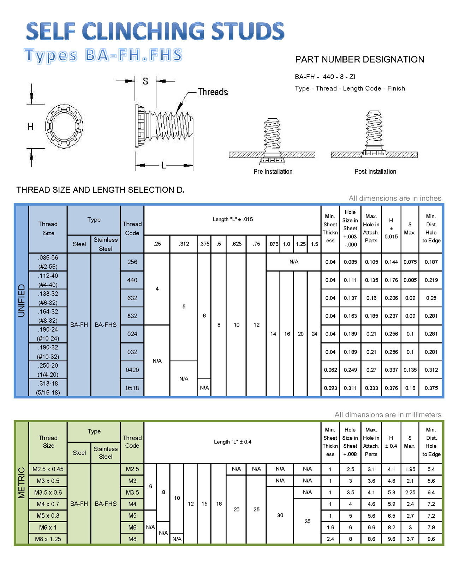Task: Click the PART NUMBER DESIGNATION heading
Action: click(x=359, y=59)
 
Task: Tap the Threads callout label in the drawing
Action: click(x=213, y=92)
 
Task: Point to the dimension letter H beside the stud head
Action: click(x=31, y=126)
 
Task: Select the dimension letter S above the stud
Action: click(x=145, y=82)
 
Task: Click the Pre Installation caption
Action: click(x=273, y=172)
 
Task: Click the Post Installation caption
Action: click(x=375, y=172)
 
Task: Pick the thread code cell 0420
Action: click(x=132, y=370)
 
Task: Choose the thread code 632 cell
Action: click(x=132, y=298)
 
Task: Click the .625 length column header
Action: click(x=236, y=244)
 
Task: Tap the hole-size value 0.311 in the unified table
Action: click(x=350, y=388)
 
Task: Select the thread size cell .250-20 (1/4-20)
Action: click(x=48, y=370)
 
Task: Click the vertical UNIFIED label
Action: click(x=22, y=301)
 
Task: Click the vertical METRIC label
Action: click(x=22, y=483)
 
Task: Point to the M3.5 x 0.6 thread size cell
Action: click(x=48, y=492)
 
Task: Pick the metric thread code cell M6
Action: click(x=132, y=527)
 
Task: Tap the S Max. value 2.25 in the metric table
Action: click(x=410, y=492)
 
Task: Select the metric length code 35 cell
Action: click(x=307, y=521)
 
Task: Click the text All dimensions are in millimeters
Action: click(x=388, y=415)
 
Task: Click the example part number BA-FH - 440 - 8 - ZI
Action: click(x=325, y=77)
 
